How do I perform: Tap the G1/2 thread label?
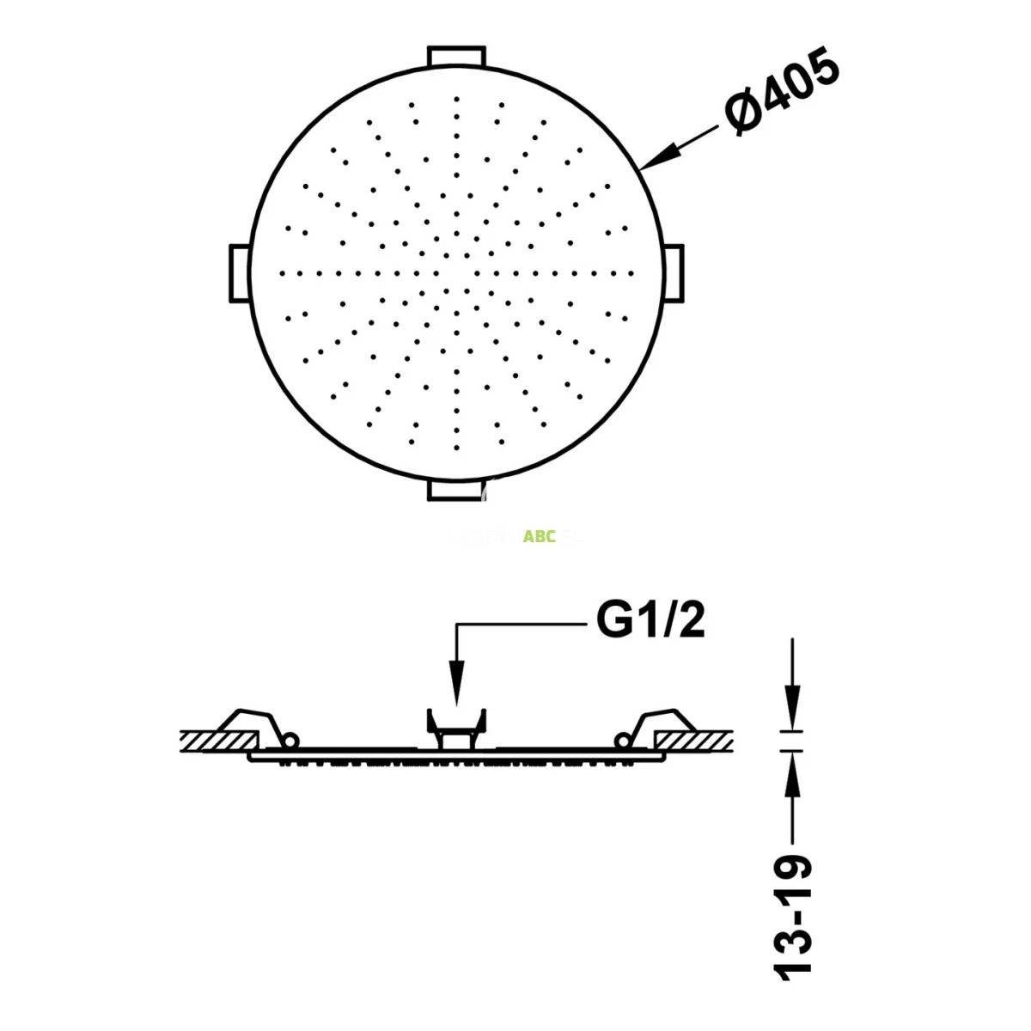pos(650,620)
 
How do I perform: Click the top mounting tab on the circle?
pos(456,54)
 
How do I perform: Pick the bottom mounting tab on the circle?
pos(456,491)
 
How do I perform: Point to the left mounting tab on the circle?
pos(238,273)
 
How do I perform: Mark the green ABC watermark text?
pos(540,537)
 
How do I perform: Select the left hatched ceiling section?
pos(219,740)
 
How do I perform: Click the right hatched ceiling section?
pos(694,740)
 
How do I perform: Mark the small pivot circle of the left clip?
pos(290,739)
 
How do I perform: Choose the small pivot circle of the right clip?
pos(623,739)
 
